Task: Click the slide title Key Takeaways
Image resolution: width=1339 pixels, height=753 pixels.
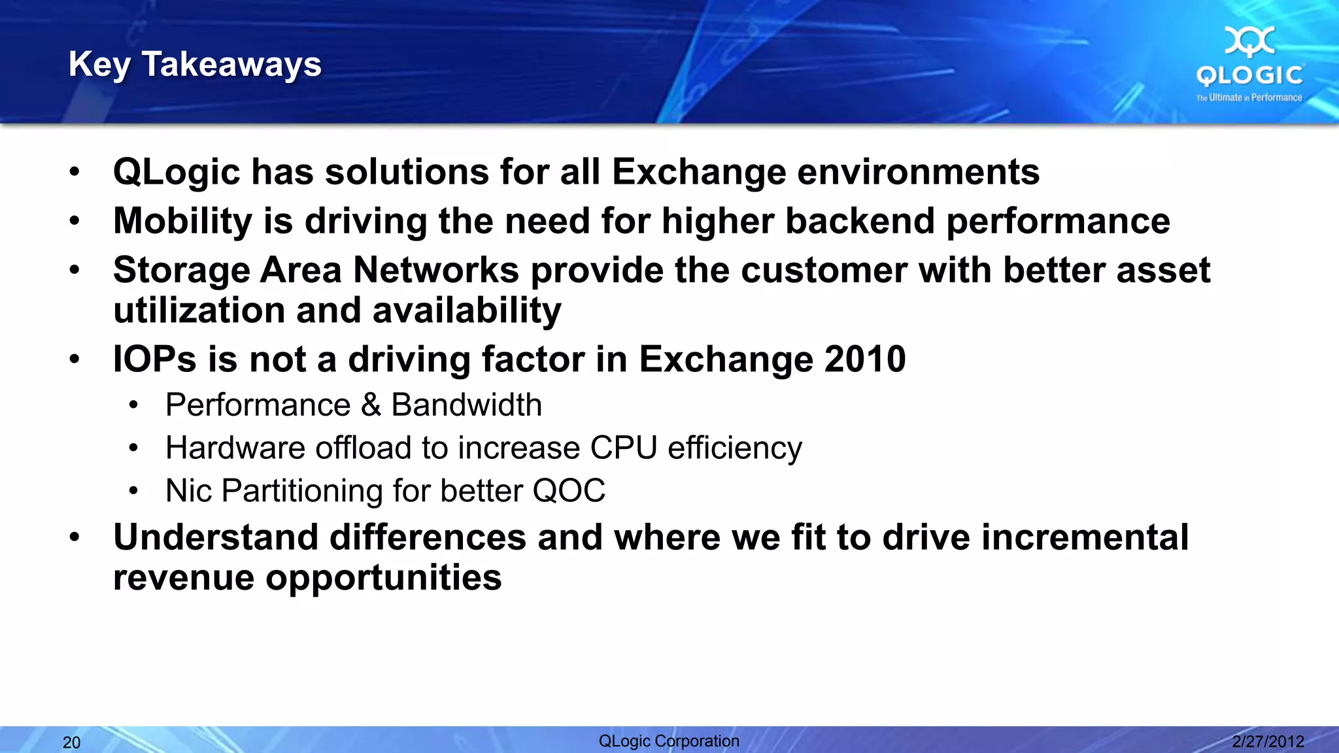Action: pos(195,65)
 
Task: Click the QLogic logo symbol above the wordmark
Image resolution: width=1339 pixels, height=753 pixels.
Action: pos(1249,41)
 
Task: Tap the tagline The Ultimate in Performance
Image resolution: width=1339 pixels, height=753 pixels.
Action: pos(1249,98)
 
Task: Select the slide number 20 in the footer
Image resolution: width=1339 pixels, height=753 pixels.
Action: pos(71,743)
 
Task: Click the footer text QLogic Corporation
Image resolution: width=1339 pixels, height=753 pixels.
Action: pos(669,741)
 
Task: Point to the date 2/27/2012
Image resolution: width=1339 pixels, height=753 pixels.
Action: pos(1268,742)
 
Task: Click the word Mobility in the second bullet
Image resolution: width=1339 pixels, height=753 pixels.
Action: pos(182,221)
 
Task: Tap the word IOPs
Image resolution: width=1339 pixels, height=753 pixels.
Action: pos(154,360)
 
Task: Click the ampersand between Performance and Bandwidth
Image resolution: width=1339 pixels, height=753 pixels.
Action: pos(371,405)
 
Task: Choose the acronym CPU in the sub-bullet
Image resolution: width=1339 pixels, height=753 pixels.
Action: pos(623,448)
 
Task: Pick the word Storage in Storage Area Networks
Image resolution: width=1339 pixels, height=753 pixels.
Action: pos(180,271)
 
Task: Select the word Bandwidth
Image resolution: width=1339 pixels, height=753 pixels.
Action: pos(466,405)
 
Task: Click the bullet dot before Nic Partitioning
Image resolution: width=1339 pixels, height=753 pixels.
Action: pos(133,491)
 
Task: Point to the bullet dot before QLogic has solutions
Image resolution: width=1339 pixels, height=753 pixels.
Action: pos(75,173)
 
